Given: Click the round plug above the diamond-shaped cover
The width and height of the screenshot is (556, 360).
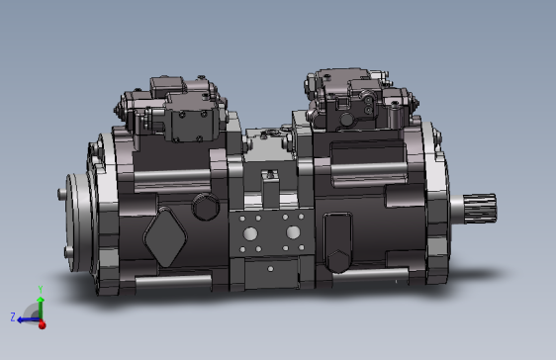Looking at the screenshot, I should click(x=205, y=207).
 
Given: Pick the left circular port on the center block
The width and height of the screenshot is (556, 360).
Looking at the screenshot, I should click(x=249, y=233).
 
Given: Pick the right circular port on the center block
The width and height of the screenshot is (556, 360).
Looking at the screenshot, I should click(x=293, y=232).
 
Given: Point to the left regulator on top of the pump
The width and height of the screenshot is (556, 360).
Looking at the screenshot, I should click(x=170, y=108).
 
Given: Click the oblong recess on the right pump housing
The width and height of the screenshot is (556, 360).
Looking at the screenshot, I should click(x=336, y=240).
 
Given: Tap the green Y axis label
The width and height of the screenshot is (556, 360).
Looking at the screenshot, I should click(x=40, y=290).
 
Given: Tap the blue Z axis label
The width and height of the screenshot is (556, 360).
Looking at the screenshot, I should click(x=13, y=317).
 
